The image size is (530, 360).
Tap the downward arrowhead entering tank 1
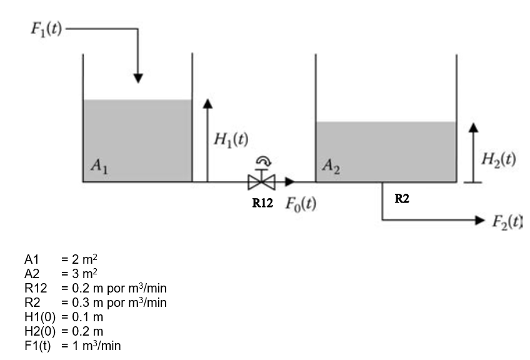pos(139,78)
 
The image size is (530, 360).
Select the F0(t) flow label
pos(300,204)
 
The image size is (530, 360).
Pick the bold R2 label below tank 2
pos(402,199)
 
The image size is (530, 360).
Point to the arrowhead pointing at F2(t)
pos(479,220)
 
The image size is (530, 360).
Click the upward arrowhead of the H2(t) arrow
pos(474,126)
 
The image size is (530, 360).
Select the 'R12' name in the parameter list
pos(35,287)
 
